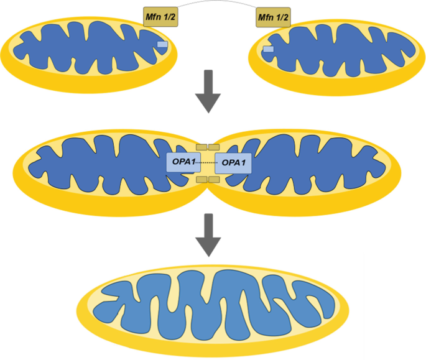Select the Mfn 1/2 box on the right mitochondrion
pos(272,17)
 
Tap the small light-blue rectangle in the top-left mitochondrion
pos(162,44)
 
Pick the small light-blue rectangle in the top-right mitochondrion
pos(268,48)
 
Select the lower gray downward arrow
pos(208,234)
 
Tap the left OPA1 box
pos(180,163)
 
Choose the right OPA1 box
pos(234,163)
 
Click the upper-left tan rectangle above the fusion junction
pos(201,147)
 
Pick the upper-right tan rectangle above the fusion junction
pos(213,147)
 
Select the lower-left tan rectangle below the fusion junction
pos(201,180)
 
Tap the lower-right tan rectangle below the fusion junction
pos(213,180)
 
